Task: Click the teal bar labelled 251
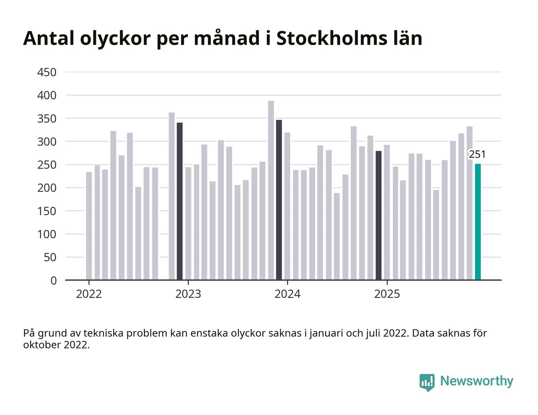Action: click(x=478, y=222)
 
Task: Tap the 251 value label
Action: click(x=477, y=154)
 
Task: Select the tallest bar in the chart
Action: click(x=271, y=190)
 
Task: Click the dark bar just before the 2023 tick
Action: click(x=179, y=201)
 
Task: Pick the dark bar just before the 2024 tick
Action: click(x=279, y=200)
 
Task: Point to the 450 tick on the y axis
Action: click(x=47, y=72)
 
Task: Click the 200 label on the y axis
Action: click(x=47, y=188)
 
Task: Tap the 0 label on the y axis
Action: click(x=53, y=281)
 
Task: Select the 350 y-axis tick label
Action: click(x=47, y=118)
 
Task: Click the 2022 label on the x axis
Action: click(x=89, y=294)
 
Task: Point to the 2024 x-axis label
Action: click(x=287, y=294)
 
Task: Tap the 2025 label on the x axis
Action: click(x=387, y=294)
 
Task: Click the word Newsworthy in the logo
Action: click(x=477, y=381)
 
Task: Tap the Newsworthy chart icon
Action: click(x=427, y=382)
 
